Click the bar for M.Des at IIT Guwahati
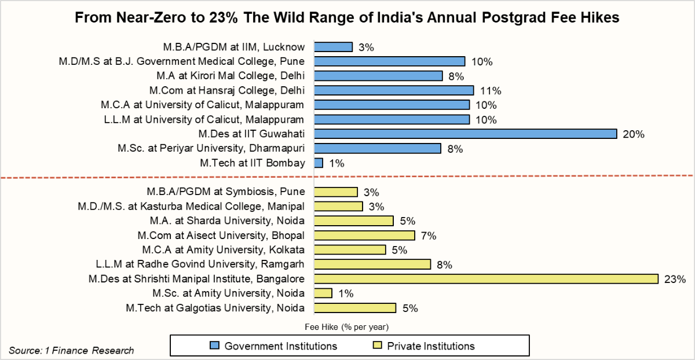pos(465,134)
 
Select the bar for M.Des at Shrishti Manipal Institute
pos(486,278)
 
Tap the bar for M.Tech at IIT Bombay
pos(319,163)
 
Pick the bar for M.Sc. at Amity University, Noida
pos(323,293)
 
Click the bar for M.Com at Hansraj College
pos(394,90)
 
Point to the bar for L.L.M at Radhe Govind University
pos(372,264)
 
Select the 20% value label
pos(634,134)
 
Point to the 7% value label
pos(429,236)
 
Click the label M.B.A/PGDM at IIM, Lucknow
pos(234,47)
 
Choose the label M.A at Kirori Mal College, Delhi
pos(231,76)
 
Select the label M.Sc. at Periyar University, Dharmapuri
pos(211,148)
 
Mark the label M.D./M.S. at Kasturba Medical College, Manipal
pos(191,206)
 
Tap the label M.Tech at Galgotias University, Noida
pos(215,307)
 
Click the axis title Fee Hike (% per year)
pos(346,326)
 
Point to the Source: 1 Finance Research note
pos(71,350)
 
